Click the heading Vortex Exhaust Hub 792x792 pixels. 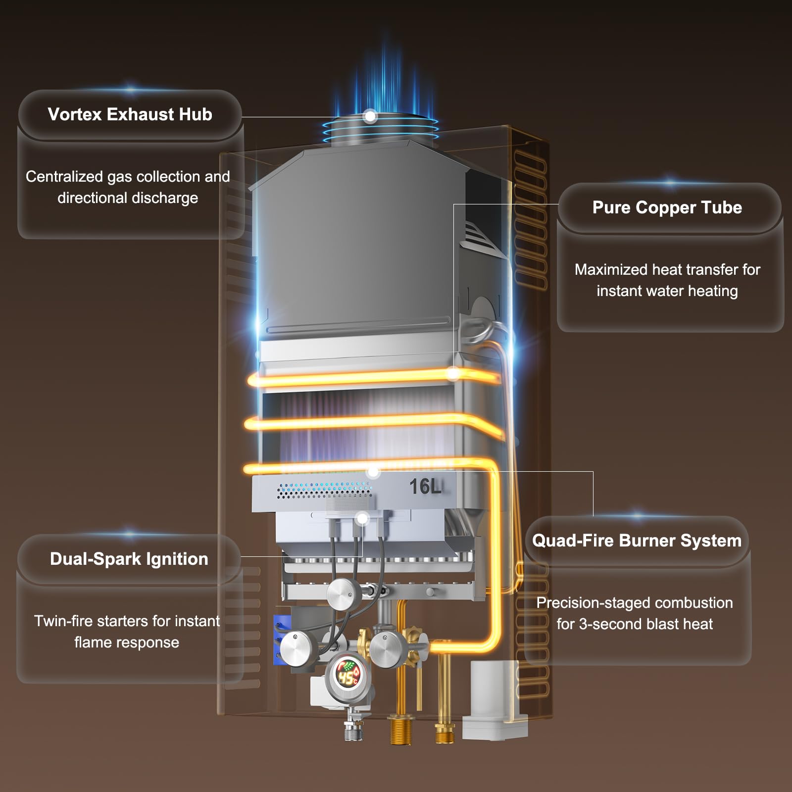click(x=130, y=114)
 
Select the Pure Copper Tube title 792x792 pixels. click(x=667, y=207)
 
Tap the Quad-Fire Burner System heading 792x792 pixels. click(x=637, y=541)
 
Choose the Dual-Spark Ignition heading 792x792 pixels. click(x=129, y=559)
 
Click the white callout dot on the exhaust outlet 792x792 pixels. click(x=370, y=117)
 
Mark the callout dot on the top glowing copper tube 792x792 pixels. click(x=453, y=374)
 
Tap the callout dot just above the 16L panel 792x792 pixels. click(x=374, y=472)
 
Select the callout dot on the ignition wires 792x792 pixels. click(x=362, y=519)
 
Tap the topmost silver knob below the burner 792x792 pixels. click(x=345, y=594)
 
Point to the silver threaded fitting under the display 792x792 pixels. click(x=353, y=728)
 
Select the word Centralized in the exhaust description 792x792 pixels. click(x=64, y=177)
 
